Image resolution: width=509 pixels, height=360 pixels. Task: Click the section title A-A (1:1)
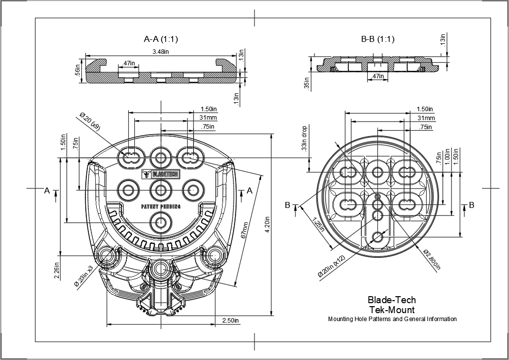[161, 39]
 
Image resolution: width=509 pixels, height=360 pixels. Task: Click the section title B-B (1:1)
[377, 39]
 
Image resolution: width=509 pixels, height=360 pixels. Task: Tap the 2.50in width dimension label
[230, 320]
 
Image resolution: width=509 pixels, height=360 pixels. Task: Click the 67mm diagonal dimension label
[245, 231]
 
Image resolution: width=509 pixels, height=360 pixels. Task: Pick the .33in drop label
[304, 138]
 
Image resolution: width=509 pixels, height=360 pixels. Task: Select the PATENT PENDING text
[161, 206]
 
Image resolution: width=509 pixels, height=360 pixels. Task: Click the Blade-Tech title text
[392, 300]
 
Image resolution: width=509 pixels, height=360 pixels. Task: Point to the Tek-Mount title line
[392, 310]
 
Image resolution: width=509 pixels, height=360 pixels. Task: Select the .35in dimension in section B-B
[307, 83]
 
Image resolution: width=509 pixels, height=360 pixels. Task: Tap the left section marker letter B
[287, 205]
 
